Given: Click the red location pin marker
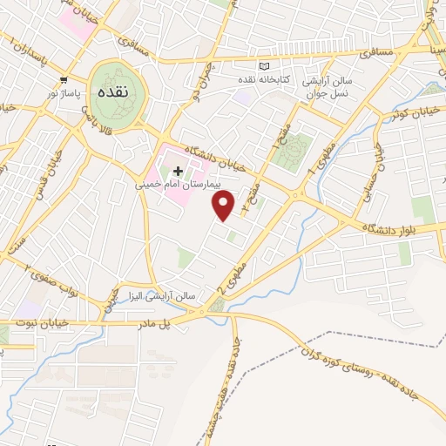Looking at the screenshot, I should (x=224, y=206).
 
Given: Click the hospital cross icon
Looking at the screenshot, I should (x=179, y=171).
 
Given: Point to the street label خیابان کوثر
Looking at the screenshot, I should (x=411, y=114).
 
